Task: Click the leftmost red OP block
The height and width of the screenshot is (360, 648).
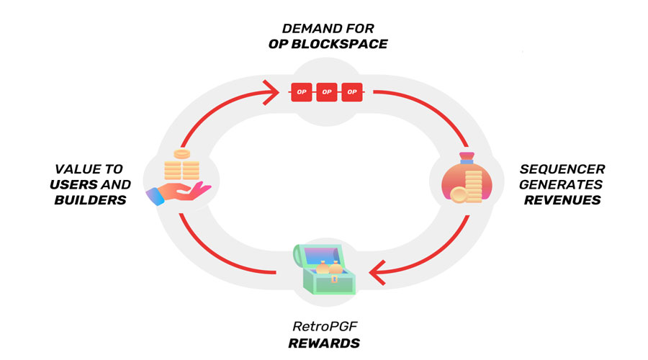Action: [301, 91]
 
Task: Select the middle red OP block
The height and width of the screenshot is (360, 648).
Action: [326, 91]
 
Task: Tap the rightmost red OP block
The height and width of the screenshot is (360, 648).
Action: [351, 91]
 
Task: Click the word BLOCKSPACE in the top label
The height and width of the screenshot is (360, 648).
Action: [339, 44]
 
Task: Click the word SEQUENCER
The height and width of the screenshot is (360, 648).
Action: [562, 169]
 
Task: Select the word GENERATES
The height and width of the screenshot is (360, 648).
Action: [561, 184]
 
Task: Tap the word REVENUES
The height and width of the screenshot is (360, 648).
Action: [562, 200]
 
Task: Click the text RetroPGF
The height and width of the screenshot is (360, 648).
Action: [325, 327]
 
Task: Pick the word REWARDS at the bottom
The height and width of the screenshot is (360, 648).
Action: [324, 343]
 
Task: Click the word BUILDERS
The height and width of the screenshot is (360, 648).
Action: [90, 200]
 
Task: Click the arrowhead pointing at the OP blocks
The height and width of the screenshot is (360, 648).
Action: [272, 92]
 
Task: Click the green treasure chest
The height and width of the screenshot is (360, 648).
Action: [325, 269]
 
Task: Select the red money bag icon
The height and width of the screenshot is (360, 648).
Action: [467, 179]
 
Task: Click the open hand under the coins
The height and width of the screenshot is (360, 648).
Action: [178, 194]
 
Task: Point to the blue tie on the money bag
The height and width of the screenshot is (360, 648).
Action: [467, 161]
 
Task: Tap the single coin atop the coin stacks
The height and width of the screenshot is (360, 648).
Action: [182, 155]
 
